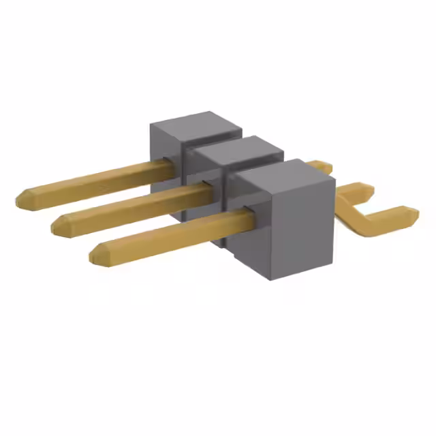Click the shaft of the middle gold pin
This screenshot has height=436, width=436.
point(136,206)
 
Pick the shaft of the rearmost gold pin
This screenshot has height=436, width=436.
point(95,180)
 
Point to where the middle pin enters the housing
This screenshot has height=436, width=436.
point(208,189)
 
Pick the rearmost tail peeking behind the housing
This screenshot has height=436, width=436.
point(320,166)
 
